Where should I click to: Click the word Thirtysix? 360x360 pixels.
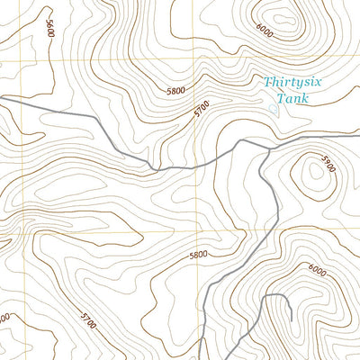pos(290,83)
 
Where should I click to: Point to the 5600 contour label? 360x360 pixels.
pos(49,27)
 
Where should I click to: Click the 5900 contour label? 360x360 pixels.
pos(328,167)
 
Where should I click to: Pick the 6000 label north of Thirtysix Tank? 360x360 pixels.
pos(264,29)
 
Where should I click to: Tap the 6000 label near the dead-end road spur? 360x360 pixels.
pos(317,268)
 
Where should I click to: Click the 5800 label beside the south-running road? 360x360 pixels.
pos(198,255)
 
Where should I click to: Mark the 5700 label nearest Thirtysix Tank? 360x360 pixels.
pos(202,111)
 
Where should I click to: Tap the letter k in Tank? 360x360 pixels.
pos(305,98)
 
